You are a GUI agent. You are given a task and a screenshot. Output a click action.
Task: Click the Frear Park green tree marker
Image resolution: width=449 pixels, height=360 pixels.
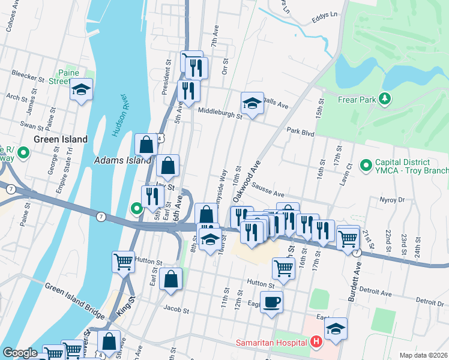click(x=385, y=98)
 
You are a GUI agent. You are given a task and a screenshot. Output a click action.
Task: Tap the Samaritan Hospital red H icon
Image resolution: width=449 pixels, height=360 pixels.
click(x=317, y=343)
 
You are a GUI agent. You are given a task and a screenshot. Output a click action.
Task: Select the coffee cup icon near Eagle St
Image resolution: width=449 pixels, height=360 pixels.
click(x=271, y=302)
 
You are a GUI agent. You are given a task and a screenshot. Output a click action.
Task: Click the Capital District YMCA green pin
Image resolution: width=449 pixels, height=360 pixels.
click(x=365, y=164)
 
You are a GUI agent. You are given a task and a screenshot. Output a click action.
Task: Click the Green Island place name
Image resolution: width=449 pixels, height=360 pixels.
click(x=61, y=139)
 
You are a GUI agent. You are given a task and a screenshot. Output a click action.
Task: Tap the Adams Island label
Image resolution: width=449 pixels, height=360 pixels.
click(x=122, y=161)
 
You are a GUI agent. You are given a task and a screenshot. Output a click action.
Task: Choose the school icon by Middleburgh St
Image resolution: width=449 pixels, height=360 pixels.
click(x=253, y=103)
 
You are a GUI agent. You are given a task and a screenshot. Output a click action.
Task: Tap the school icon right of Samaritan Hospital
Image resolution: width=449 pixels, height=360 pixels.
click(x=336, y=328)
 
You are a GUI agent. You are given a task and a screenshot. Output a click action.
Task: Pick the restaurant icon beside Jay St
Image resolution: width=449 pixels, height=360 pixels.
click(x=152, y=196)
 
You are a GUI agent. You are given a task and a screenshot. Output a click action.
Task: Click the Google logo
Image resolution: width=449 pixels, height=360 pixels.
click(x=20, y=353)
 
